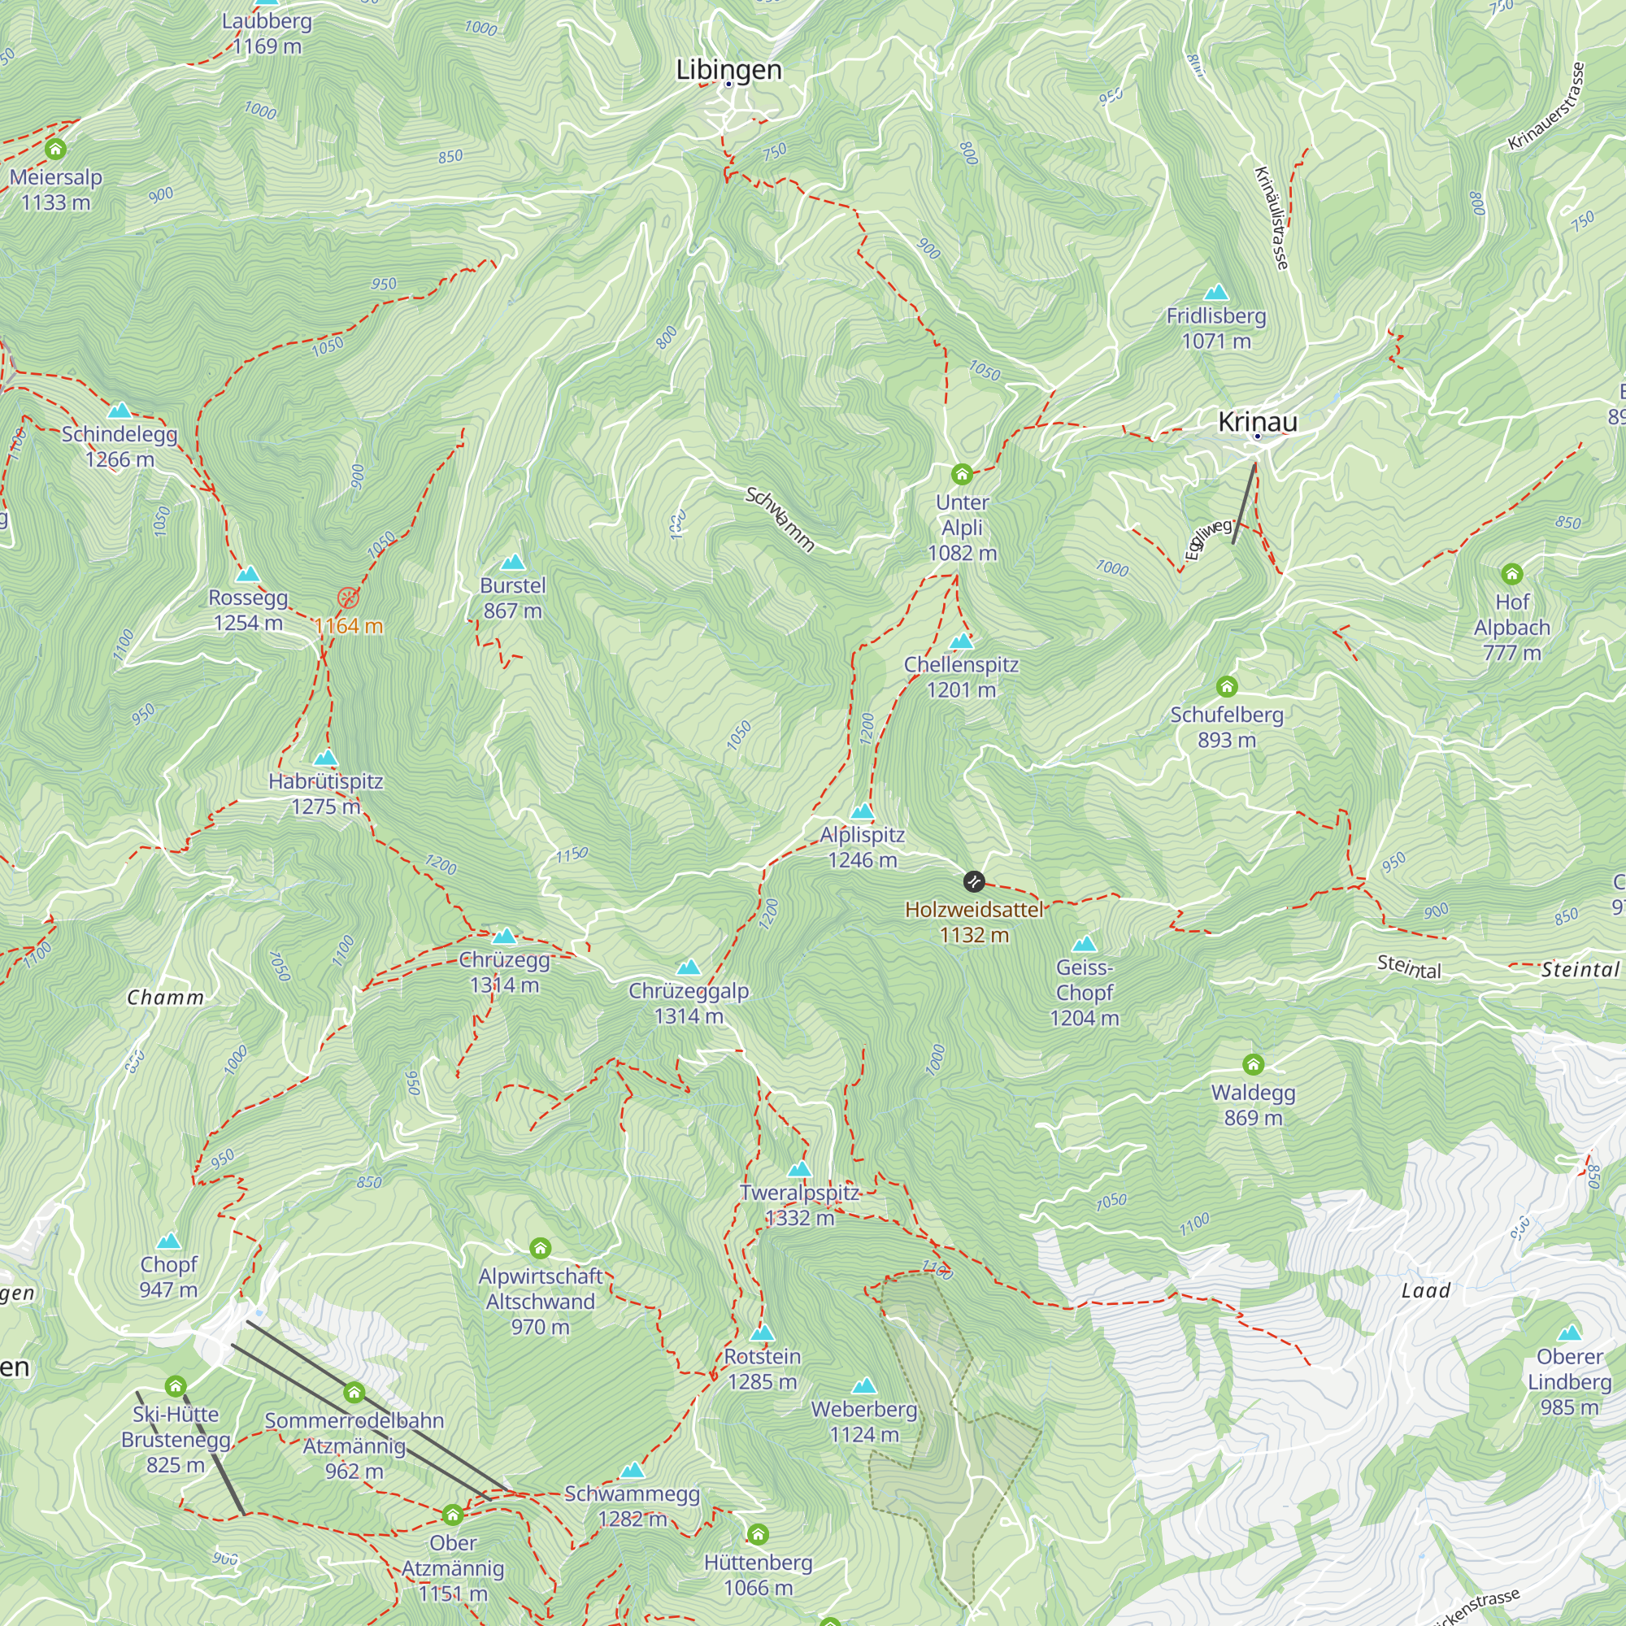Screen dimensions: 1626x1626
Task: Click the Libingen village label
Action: tap(728, 70)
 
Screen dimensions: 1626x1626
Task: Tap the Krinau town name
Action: tap(1258, 422)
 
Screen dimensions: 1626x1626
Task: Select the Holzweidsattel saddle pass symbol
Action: tap(974, 881)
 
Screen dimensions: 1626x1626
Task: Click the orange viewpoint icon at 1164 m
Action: tap(348, 598)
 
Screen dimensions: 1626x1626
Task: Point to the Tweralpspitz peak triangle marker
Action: tap(799, 1169)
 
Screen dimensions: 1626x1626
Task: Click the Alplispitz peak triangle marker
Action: tap(862, 812)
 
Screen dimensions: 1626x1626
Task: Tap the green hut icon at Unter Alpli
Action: tap(962, 475)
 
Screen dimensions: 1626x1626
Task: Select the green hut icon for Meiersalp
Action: tap(55, 150)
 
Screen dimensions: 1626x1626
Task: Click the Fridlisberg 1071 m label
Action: tap(1216, 328)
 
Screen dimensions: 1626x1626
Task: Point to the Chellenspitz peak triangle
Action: tap(961, 641)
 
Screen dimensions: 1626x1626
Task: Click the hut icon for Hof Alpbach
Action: tap(1512, 574)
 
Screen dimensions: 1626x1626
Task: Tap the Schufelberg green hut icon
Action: tap(1227, 687)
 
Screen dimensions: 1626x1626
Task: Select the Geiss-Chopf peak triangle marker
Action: tap(1085, 943)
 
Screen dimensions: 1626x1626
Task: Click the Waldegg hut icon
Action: tap(1253, 1065)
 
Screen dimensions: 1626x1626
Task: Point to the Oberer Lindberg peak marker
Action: tap(1570, 1333)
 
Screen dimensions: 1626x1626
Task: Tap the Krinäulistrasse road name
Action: tap(1272, 218)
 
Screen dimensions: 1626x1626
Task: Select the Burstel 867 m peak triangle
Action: tap(512, 563)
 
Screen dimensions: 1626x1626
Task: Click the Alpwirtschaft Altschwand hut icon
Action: tap(541, 1247)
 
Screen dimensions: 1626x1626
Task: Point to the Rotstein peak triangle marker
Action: tap(763, 1333)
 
